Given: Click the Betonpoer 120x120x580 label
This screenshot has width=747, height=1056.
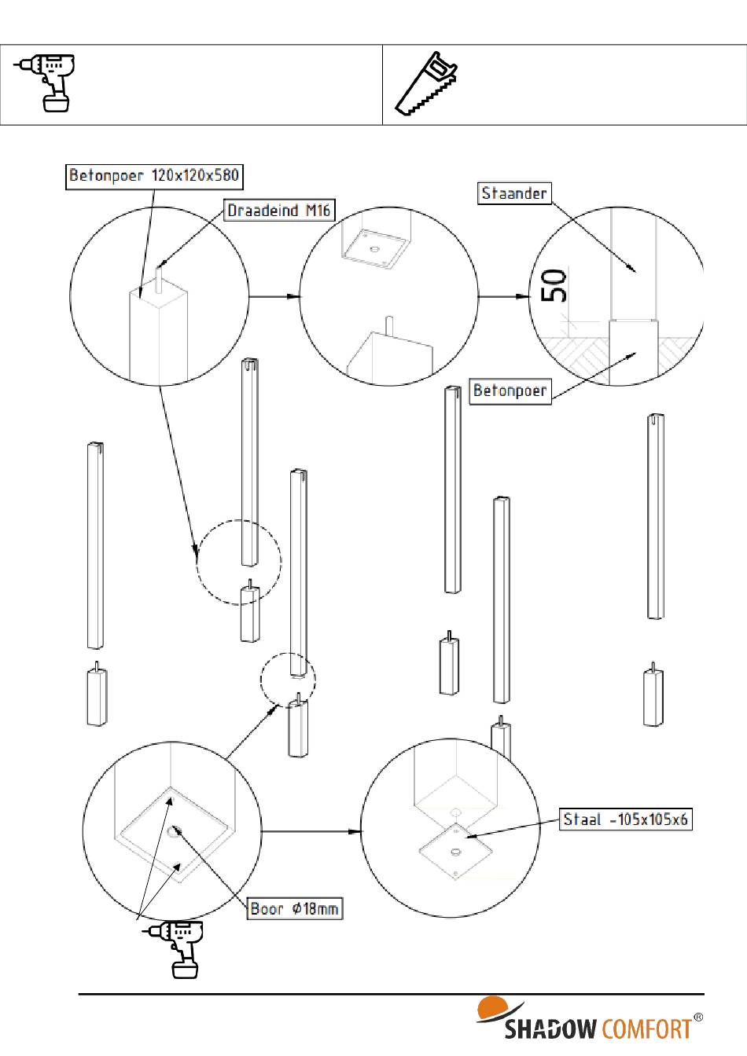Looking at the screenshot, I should click(x=153, y=176).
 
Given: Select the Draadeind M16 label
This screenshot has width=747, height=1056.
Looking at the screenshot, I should click(x=279, y=211).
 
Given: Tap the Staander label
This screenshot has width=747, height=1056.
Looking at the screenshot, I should click(x=513, y=193).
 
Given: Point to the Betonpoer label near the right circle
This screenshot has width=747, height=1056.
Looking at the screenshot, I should click(x=510, y=390).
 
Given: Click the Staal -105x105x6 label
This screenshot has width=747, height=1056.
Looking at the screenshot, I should click(x=626, y=819).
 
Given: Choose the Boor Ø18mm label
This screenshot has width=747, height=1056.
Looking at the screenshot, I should click(x=295, y=909).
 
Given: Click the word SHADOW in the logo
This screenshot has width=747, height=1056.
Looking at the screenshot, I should click(x=551, y=1028).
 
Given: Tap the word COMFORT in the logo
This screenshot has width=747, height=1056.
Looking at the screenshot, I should click(x=646, y=1028).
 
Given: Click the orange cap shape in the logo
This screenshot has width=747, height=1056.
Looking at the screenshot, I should click(x=494, y=1007).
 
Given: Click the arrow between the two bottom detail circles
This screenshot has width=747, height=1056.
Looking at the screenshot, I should click(x=311, y=830).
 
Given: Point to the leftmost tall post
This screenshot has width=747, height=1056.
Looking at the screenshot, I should click(x=94, y=546).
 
